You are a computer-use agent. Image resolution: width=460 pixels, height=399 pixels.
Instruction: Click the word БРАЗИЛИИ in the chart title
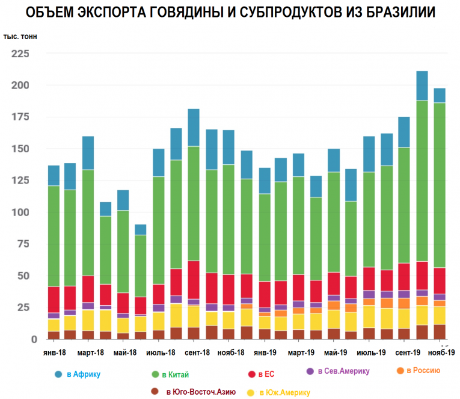(x=390, y=13)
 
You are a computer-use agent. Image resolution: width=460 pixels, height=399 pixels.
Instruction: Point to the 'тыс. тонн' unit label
(x=20, y=37)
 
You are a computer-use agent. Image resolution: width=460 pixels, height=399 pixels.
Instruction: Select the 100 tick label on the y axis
(x=20, y=212)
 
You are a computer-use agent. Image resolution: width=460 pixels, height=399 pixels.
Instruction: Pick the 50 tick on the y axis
(x=23, y=276)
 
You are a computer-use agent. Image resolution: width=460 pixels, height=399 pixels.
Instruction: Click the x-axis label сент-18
(x=194, y=353)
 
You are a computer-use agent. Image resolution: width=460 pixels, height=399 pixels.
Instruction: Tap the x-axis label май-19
(x=334, y=353)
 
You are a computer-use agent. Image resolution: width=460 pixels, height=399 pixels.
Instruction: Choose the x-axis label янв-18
(x=54, y=353)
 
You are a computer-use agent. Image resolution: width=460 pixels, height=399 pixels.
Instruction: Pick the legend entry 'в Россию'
(x=421, y=371)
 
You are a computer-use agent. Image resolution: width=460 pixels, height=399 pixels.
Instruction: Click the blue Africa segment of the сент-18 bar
(x=194, y=128)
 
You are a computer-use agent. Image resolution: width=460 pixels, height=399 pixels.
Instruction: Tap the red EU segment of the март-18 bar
(x=88, y=289)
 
